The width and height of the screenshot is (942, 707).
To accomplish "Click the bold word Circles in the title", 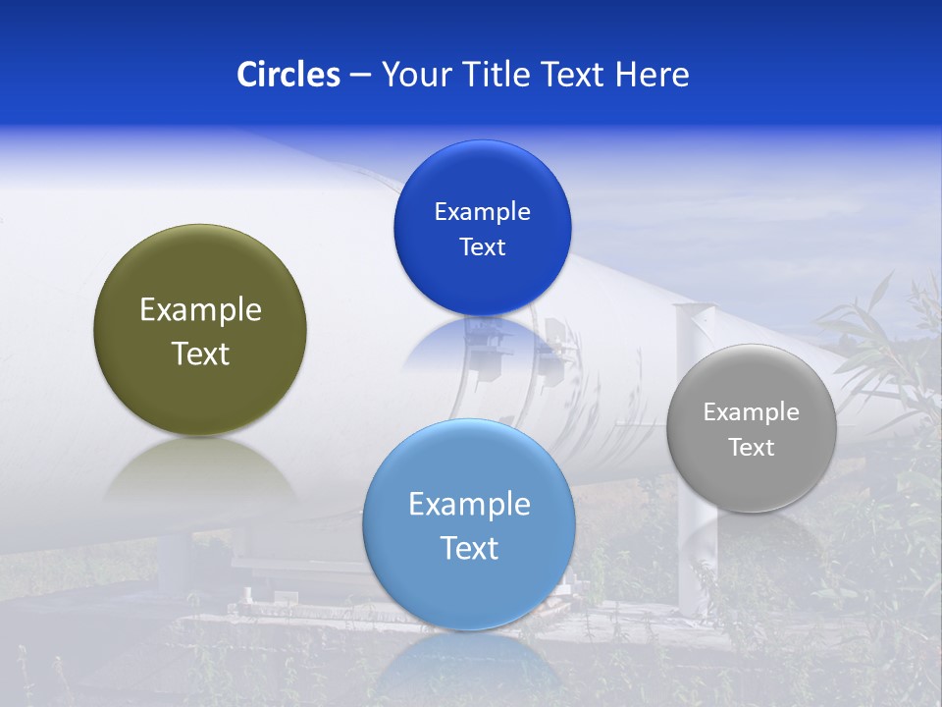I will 288,75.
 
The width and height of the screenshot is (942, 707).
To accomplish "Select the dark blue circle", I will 482,285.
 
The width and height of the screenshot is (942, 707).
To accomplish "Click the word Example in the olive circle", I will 200,310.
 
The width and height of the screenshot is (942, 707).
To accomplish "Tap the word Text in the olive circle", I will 200,353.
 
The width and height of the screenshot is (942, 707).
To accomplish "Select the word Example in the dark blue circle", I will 482,212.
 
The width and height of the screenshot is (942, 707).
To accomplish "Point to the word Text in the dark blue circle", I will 482,247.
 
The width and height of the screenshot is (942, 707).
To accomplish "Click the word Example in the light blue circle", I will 469,505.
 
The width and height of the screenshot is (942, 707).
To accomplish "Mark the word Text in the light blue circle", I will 469,548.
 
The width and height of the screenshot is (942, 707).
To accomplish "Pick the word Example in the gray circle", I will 752,412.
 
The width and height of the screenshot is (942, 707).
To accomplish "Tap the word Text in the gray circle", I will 752,448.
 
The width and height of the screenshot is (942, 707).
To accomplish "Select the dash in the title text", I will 360,76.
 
